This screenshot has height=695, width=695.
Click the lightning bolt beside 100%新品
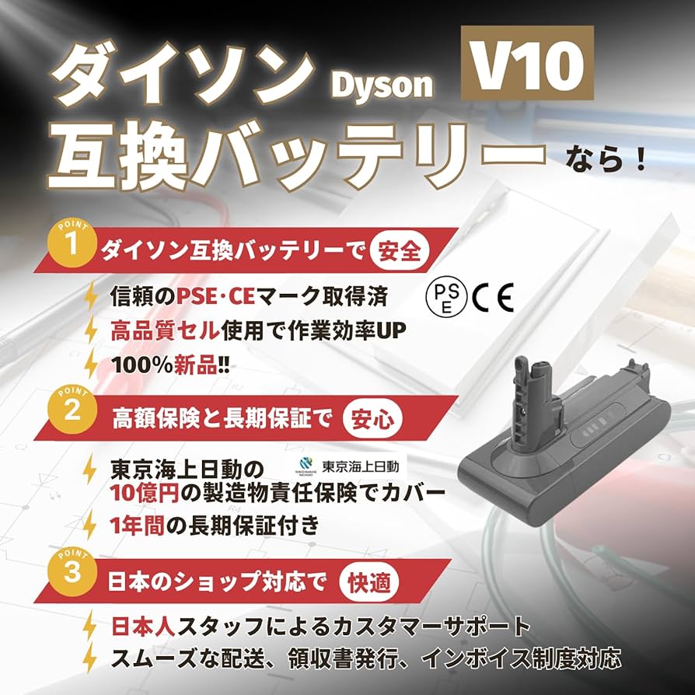tap(92, 364)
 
